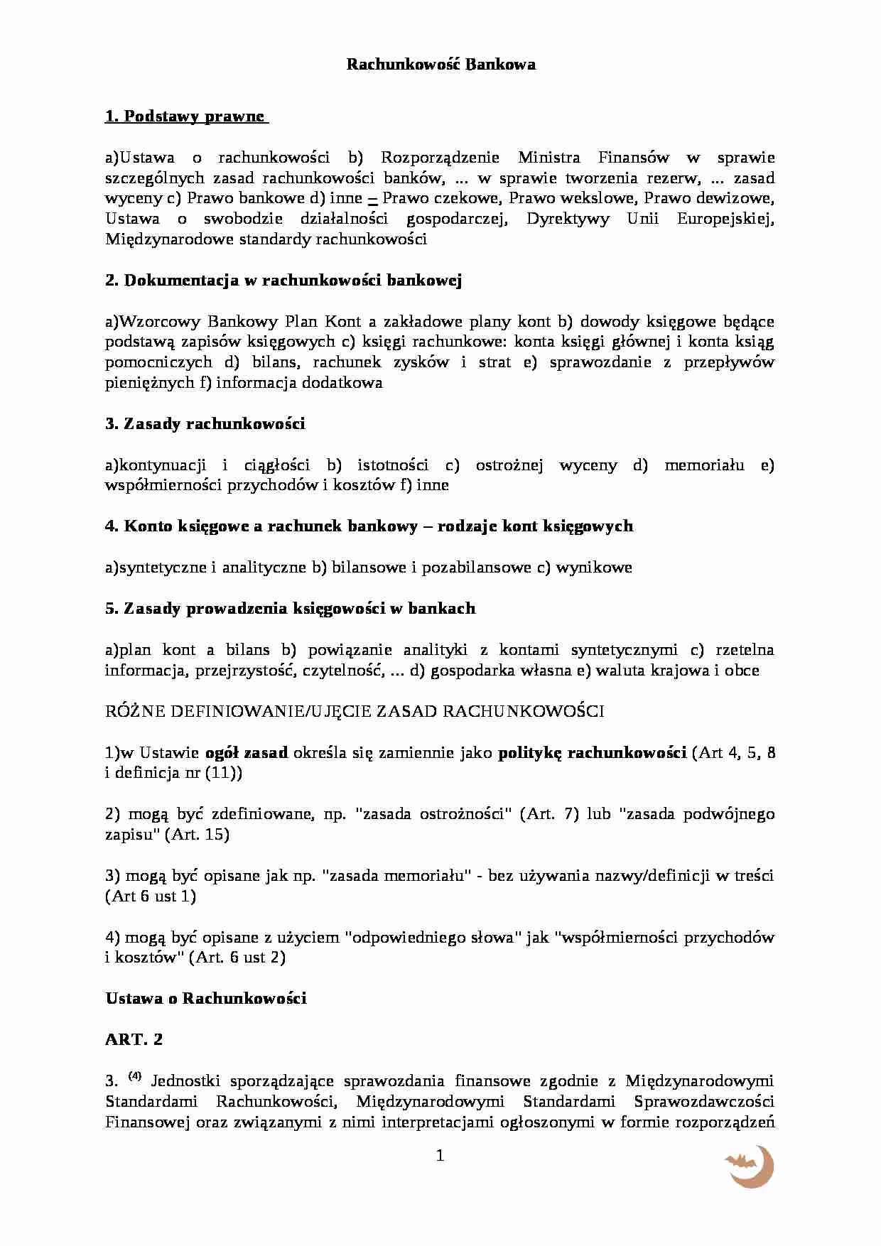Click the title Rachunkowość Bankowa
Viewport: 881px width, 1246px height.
point(440,65)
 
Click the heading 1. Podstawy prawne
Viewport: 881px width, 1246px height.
point(185,117)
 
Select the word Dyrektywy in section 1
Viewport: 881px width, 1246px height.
point(567,219)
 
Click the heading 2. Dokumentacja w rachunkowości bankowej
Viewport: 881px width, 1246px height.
point(283,281)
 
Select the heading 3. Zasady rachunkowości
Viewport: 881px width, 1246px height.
point(205,424)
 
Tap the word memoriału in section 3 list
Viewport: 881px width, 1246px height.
point(704,465)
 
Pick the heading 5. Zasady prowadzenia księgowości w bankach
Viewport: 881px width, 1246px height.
point(290,609)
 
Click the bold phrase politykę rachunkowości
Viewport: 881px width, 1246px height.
point(592,753)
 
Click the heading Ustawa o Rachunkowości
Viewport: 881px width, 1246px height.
point(206,999)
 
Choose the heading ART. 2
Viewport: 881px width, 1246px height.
point(134,1040)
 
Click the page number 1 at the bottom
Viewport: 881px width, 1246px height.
point(440,1156)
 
